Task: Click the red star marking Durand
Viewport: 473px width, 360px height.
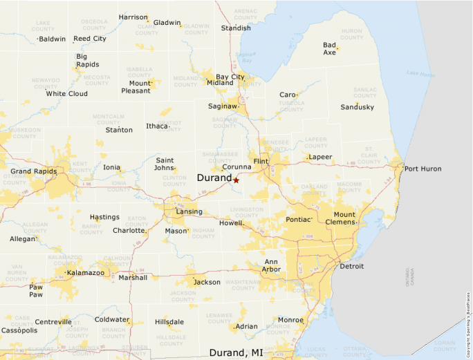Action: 236,180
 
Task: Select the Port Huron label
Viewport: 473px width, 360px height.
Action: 423,169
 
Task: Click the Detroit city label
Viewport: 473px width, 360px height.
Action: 351,266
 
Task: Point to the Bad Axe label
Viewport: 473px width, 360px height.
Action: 329,49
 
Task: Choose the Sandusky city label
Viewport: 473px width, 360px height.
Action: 358,107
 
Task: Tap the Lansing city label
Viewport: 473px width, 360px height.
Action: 189,211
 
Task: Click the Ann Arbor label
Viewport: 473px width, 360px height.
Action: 271,265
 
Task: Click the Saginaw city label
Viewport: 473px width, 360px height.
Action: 223,106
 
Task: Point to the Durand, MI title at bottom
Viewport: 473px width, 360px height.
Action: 236,352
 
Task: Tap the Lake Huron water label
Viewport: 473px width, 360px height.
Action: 419,73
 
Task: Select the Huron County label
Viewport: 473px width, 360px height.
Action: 351,34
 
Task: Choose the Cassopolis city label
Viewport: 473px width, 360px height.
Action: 19,331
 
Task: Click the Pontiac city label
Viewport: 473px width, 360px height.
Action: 298,220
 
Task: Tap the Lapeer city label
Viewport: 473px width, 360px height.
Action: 320,157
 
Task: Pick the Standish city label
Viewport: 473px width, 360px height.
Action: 236,28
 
